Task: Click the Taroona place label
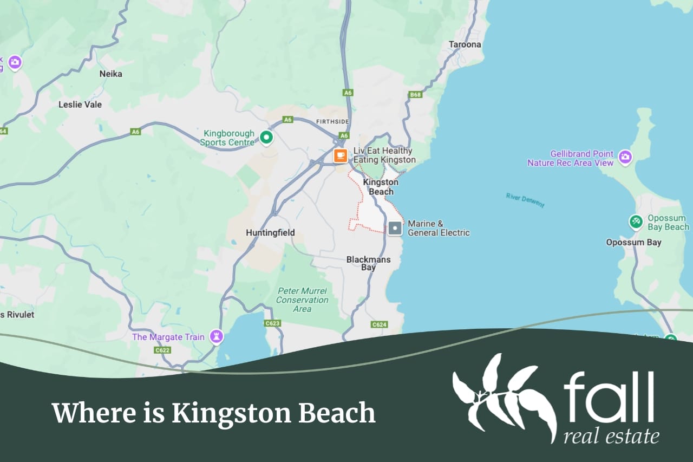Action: [465, 44]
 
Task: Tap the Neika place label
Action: [111, 74]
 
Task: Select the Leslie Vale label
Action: [80, 105]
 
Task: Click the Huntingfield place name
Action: [270, 232]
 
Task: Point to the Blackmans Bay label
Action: [368, 263]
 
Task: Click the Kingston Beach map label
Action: [381, 187]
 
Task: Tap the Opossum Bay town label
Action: [633, 242]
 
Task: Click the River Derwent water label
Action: [525, 200]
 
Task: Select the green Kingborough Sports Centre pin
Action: [266, 138]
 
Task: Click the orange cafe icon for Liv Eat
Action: [340, 155]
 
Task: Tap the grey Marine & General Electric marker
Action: [395, 228]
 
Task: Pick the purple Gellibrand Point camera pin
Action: [625, 157]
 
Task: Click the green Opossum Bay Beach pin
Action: [636, 222]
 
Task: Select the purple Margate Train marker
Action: [217, 337]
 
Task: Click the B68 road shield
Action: [415, 95]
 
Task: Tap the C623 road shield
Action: [272, 323]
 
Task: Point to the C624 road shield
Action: [379, 324]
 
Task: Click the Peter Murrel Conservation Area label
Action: [302, 300]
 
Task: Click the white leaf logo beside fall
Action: [504, 395]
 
